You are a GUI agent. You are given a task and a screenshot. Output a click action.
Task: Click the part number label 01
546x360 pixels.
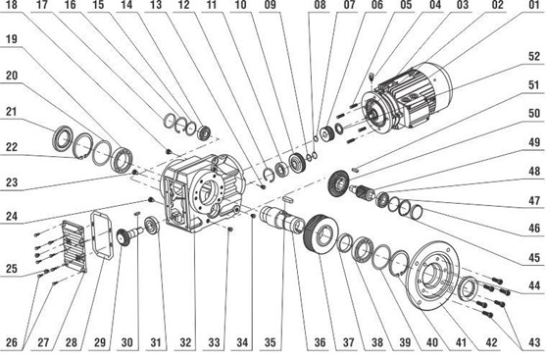point(534,5)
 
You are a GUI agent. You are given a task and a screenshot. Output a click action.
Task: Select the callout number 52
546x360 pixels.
point(534,57)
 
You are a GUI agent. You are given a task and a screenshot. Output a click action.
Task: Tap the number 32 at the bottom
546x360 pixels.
point(185,343)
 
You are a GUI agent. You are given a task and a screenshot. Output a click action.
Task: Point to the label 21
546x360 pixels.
point(12,112)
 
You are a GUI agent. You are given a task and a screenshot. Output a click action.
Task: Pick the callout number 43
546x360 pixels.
point(534,343)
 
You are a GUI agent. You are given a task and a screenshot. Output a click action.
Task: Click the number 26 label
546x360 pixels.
point(12,343)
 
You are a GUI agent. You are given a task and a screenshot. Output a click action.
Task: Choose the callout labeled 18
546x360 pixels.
point(12,5)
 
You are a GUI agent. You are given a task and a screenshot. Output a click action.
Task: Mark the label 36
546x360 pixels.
point(320,343)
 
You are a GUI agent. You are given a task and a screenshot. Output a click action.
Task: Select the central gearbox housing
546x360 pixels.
point(202,193)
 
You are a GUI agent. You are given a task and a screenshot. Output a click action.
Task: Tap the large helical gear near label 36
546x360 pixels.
point(321,232)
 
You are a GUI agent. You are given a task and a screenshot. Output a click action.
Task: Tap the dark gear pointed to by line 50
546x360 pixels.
point(338,182)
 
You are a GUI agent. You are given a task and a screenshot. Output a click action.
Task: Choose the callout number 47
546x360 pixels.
point(534,201)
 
